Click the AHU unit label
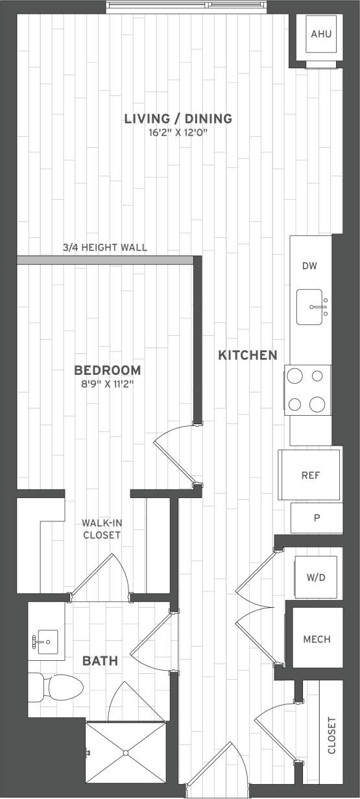[321, 34]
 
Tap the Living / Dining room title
[178, 119]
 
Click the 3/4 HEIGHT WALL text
[105, 247]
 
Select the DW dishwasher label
[309, 267]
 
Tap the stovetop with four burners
[307, 390]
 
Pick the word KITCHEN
[247, 355]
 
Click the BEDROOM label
[108, 370]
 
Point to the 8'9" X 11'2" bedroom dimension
[108, 384]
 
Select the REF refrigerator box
[311, 475]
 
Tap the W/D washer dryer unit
[316, 577]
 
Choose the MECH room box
[317, 639]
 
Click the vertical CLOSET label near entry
[331, 735]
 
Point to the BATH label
[100, 661]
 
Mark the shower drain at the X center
[126, 753]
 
